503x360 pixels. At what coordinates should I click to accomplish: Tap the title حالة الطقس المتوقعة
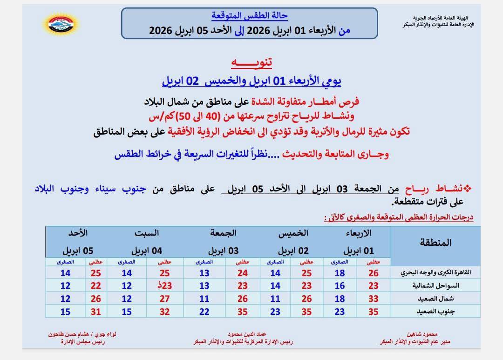pyautogui.click(x=250, y=16)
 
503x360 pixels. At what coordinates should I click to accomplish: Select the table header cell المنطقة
pyautogui.click(x=435, y=243)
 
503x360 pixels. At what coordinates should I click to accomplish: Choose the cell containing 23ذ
pyautogui.click(x=165, y=286)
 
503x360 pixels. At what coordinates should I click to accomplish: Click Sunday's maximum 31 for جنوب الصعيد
pyautogui.click(x=96, y=312)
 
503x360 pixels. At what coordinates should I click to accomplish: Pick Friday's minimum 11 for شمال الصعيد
pyautogui.click(x=204, y=299)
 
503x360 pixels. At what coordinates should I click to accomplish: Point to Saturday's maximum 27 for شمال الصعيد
pyautogui.click(x=165, y=299)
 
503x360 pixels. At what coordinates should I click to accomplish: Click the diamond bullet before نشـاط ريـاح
pyautogui.click(x=468, y=188)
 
